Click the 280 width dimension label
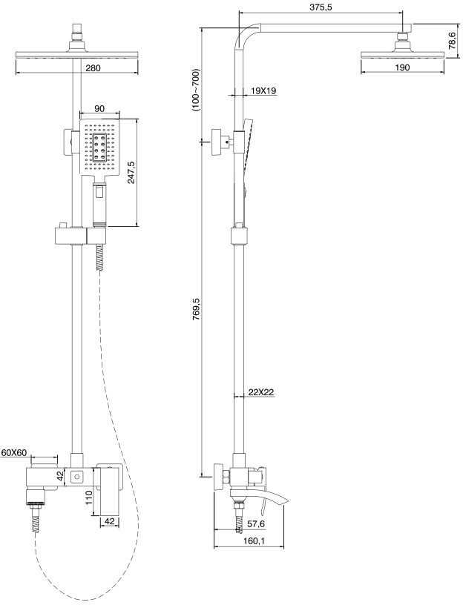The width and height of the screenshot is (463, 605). tap(93, 68)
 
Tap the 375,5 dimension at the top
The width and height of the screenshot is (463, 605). tap(321, 7)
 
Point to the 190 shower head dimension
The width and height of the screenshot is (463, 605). tap(402, 67)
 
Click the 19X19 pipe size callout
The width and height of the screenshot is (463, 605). tap(263, 90)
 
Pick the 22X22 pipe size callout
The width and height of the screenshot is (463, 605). tap(261, 392)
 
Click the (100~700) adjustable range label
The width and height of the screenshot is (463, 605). tap(196, 90)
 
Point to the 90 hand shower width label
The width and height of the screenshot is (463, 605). tap(99, 109)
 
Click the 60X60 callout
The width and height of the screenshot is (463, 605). tap(13, 452)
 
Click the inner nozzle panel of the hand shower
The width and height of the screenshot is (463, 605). tap(99, 148)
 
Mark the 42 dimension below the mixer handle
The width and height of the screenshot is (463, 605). tap(110, 521)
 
